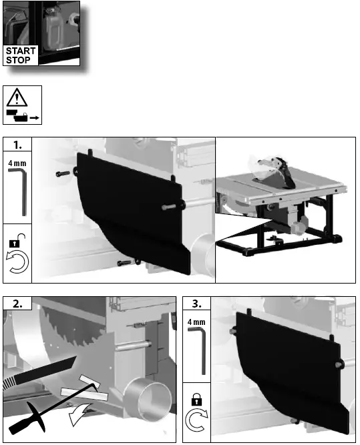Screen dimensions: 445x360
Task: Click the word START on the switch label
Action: tap(21, 51)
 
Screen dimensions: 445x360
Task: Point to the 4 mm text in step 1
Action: tap(18, 162)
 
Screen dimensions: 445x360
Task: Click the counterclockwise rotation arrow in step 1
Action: tap(18, 264)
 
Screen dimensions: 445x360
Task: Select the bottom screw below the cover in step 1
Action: tap(126, 264)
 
